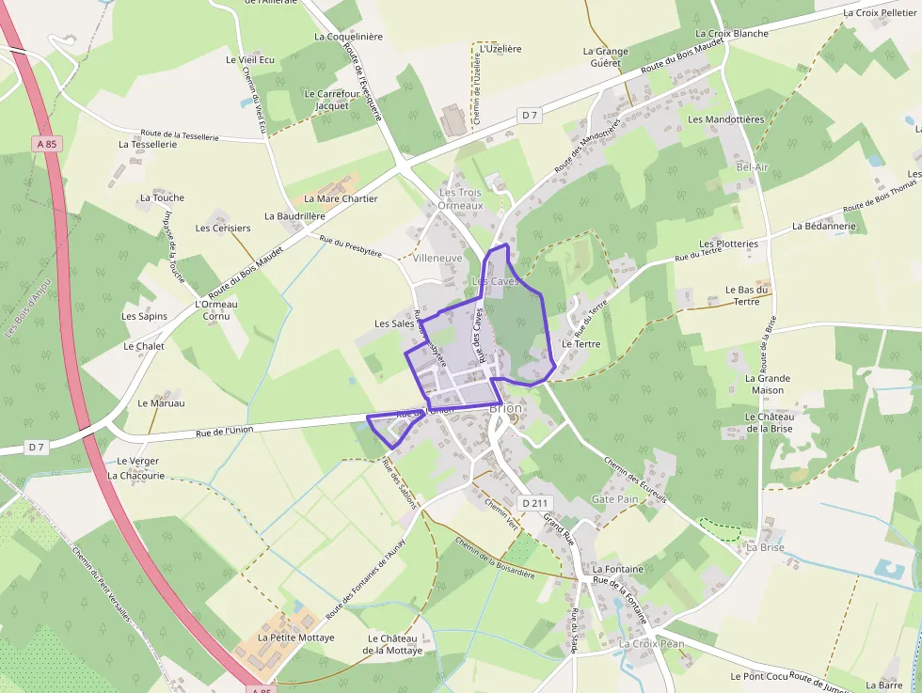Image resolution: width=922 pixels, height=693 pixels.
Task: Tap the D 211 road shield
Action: pyautogui.click(x=534, y=503)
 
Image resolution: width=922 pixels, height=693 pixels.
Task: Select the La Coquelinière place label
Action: pyautogui.click(x=348, y=37)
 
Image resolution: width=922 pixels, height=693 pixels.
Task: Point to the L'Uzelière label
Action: pyautogui.click(x=501, y=48)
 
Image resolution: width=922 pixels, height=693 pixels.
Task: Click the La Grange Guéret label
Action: pyautogui.click(x=605, y=57)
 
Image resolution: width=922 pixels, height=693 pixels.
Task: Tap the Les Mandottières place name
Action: pyautogui.click(x=726, y=119)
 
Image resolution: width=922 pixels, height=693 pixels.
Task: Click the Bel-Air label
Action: pyautogui.click(x=753, y=166)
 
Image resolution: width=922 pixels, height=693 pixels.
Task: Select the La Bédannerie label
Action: pyautogui.click(x=824, y=226)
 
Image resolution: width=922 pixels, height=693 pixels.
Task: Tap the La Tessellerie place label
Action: pyautogui.click(x=148, y=145)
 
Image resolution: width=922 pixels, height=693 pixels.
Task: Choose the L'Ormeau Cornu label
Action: pyautogui.click(x=216, y=310)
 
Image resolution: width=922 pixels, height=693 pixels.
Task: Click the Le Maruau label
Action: pyautogui.click(x=161, y=403)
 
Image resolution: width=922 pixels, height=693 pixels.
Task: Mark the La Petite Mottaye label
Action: pyautogui.click(x=290, y=637)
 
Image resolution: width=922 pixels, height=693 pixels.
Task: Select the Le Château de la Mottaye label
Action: pyautogui.click(x=393, y=643)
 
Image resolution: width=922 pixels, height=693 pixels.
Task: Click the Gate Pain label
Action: pyautogui.click(x=614, y=499)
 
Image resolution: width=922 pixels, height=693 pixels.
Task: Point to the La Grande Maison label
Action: pyautogui.click(x=768, y=384)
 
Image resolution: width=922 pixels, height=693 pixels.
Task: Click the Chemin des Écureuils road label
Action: pyautogui.click(x=635, y=480)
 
